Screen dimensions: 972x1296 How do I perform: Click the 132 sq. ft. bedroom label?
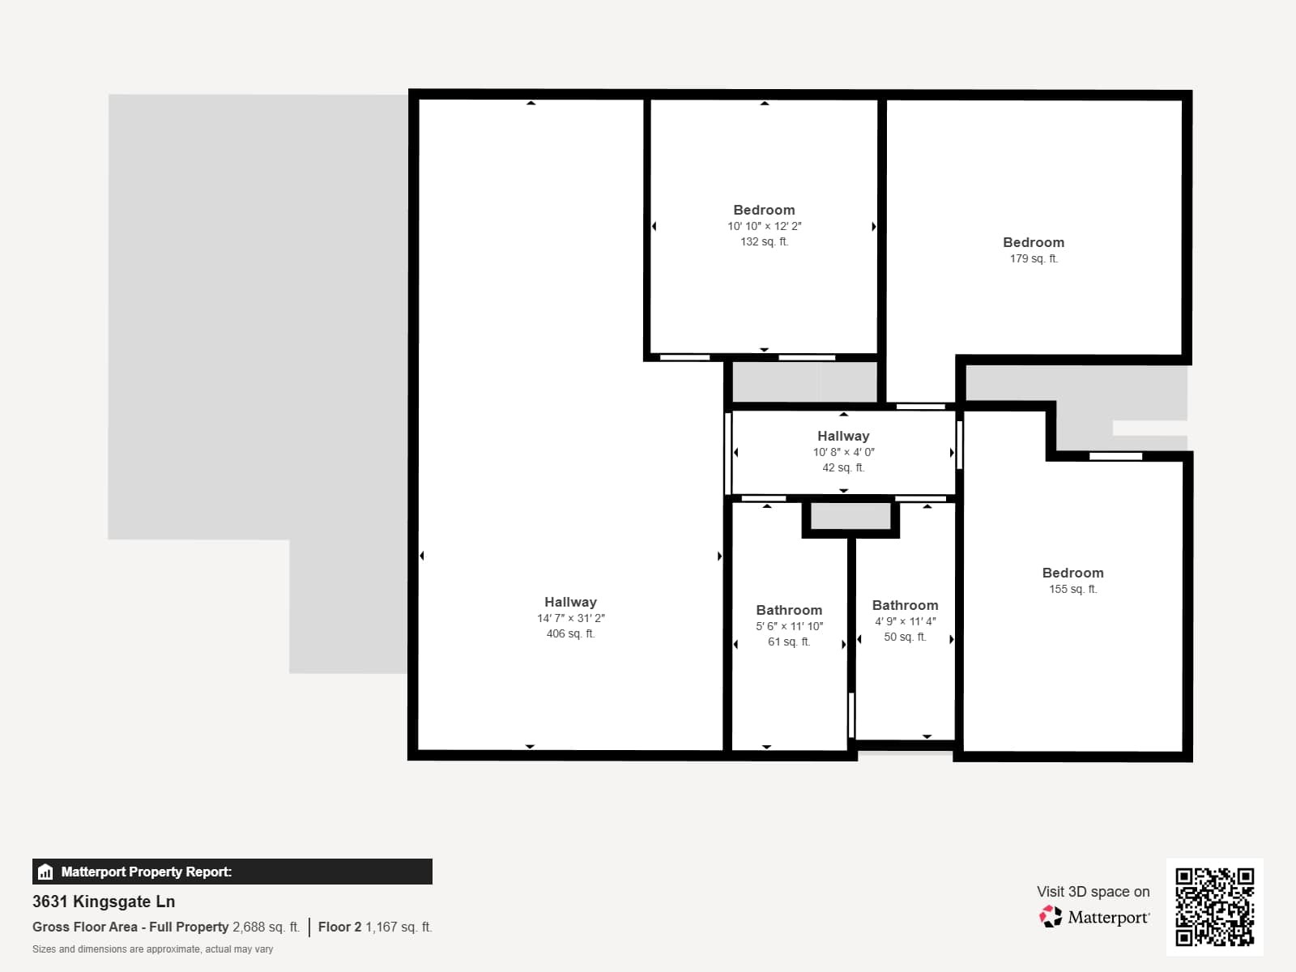coord(764,210)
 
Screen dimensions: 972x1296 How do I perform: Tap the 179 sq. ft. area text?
coord(1034,259)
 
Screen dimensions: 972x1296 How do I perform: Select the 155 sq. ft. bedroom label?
coord(1072,573)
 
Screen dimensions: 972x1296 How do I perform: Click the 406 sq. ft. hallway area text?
coord(570,634)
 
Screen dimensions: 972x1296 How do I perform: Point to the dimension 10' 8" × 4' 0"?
coord(843,452)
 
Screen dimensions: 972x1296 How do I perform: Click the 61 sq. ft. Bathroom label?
coord(789,610)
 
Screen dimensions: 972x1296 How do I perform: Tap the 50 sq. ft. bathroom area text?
coord(905,637)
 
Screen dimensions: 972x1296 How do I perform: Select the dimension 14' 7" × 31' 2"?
coord(570,618)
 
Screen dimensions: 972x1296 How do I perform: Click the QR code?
coord(1214,906)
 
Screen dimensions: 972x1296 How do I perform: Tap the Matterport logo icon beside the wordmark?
coord(1051,917)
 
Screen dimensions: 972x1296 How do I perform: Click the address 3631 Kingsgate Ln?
coord(104,902)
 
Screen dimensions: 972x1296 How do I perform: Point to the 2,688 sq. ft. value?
coord(266,927)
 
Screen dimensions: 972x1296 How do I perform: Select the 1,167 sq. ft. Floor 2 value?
coord(399,927)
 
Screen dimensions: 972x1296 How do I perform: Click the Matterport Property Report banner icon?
coord(46,872)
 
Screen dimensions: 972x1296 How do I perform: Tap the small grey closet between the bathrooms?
coord(850,517)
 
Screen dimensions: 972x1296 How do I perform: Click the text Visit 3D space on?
coord(1093,891)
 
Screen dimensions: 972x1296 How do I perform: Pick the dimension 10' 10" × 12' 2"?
coord(764,226)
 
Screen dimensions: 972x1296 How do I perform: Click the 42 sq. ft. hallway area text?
coord(843,468)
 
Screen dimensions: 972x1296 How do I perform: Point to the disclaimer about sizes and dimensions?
coord(152,949)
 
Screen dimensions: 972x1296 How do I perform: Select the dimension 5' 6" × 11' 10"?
coord(789,626)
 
